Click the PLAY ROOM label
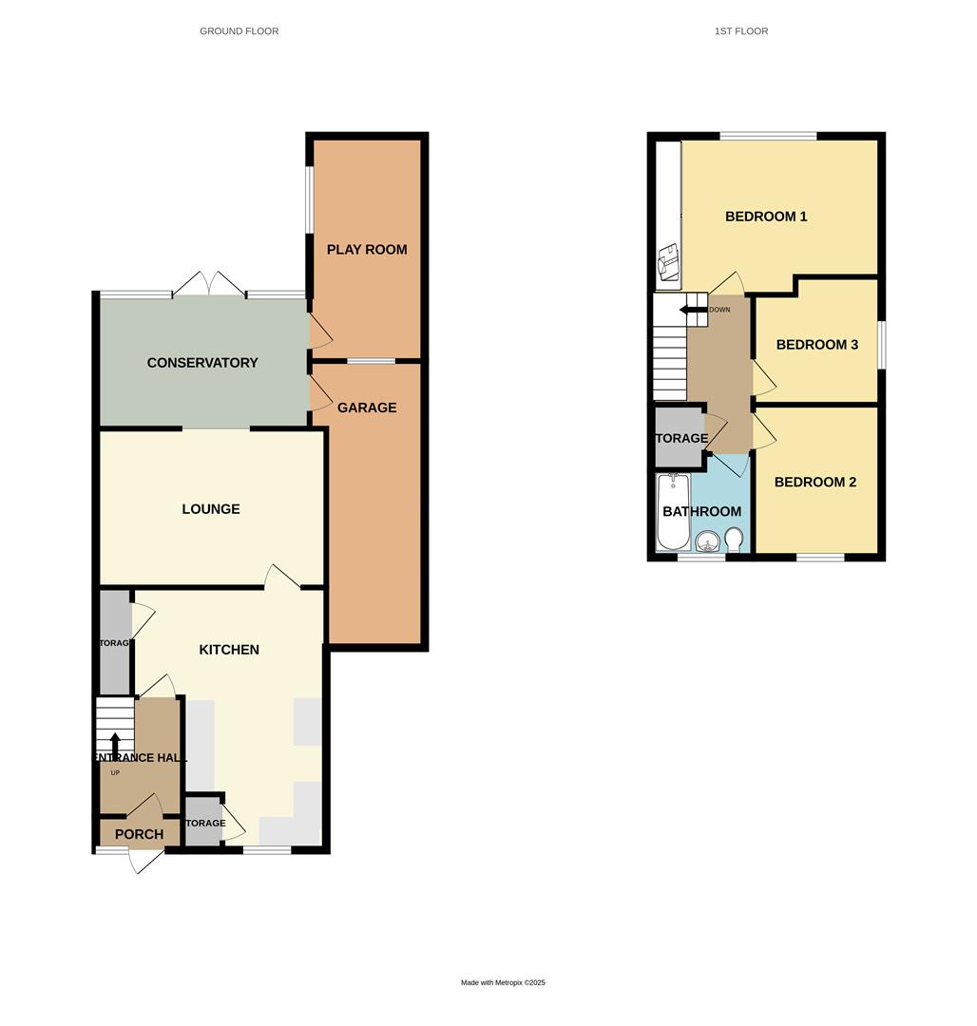click(x=367, y=250)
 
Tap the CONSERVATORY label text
click(x=202, y=363)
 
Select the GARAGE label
click(x=367, y=408)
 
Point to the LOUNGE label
click(x=211, y=509)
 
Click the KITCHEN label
click(x=229, y=650)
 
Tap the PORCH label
click(x=139, y=834)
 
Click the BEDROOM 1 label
click(x=766, y=217)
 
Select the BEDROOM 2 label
click(x=815, y=483)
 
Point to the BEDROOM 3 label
click(x=817, y=345)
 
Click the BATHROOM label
click(x=701, y=512)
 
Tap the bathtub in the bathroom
click(x=673, y=512)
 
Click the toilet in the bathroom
click(x=734, y=540)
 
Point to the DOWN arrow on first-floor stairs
click(x=693, y=309)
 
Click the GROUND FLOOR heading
click(x=239, y=31)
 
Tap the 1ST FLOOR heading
click(x=741, y=31)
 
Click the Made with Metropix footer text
click(x=503, y=982)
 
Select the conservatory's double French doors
click(x=210, y=283)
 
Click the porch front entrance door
click(x=144, y=860)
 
